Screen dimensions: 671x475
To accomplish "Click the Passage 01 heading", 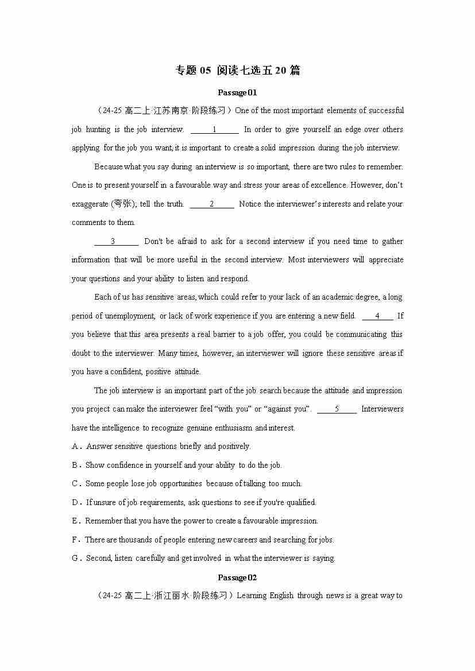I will click(x=237, y=92).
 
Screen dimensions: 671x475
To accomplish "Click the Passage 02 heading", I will click(x=237, y=577).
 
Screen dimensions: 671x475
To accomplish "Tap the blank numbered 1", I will click(x=214, y=130).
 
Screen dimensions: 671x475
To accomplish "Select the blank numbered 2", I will click(x=211, y=204).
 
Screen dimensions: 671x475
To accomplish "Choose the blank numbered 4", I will click(x=377, y=316).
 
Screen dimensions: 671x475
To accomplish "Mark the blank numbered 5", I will click(x=337, y=409).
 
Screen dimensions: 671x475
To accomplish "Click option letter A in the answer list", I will click(x=75, y=447).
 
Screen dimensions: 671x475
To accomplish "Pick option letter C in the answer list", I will click(x=75, y=484).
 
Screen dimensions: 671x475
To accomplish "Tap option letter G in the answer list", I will click(x=75, y=558).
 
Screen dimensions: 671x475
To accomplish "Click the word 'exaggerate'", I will click(x=90, y=204).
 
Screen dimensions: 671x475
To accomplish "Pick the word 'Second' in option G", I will click(x=99, y=558).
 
